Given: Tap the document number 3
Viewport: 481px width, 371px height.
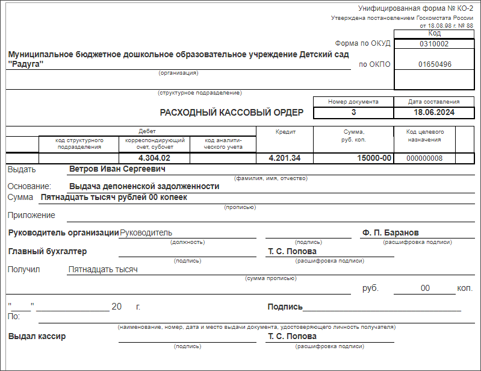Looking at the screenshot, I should coord(353,112).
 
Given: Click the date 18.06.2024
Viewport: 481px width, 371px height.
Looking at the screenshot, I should coord(433,112).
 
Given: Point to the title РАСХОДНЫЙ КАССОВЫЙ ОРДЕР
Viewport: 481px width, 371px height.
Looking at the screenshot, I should coord(231,112).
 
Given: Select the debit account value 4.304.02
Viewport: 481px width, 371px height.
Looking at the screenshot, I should coord(154,158).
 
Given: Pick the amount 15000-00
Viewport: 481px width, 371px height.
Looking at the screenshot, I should coord(374,158).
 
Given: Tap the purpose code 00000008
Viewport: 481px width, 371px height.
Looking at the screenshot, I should coord(424,158).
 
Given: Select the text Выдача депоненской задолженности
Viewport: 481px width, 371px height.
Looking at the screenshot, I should coord(144,186).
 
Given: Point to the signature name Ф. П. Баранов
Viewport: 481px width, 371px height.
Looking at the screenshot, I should coord(391,232).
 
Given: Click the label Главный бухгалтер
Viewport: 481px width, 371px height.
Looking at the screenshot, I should coord(48,251).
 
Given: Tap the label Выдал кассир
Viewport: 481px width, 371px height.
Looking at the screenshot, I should coord(37,336).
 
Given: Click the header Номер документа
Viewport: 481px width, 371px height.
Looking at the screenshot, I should coord(353,101).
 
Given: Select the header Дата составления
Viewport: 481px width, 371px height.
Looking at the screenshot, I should coord(433,101).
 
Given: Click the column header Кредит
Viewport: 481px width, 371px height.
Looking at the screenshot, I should coord(286,131).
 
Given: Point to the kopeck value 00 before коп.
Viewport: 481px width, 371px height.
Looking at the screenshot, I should coord(425,288).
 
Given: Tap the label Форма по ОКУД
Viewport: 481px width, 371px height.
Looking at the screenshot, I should coord(362,43).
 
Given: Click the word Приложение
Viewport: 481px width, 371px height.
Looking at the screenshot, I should coord(31,215).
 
